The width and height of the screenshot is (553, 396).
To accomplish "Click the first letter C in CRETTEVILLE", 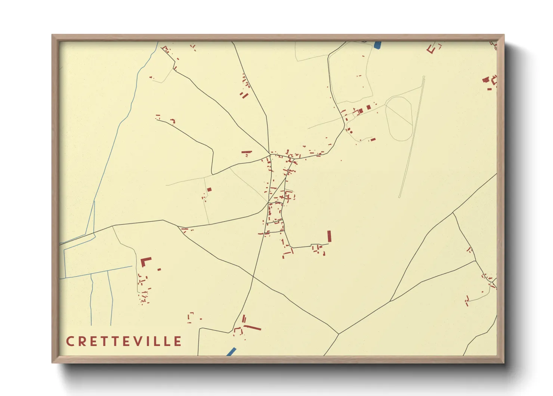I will [70, 341].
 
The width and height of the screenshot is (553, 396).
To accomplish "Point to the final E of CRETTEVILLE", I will [177, 341].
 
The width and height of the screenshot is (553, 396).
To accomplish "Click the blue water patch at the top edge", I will [377, 45].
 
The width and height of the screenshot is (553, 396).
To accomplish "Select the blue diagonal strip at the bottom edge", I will [231, 351].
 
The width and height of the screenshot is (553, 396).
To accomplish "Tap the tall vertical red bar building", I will [329, 236].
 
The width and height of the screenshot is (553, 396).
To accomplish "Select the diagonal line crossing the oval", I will [399, 115].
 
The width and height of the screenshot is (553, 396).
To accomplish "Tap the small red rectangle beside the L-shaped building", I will [159, 269].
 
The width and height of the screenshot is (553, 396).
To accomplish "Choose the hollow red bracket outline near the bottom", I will [191, 317].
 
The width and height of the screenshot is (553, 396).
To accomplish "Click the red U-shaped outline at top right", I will [432, 49].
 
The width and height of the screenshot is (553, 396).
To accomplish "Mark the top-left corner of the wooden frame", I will [52, 35].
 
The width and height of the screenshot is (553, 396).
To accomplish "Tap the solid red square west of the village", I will [209, 189].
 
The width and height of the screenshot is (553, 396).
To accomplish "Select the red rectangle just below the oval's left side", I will [373, 139].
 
